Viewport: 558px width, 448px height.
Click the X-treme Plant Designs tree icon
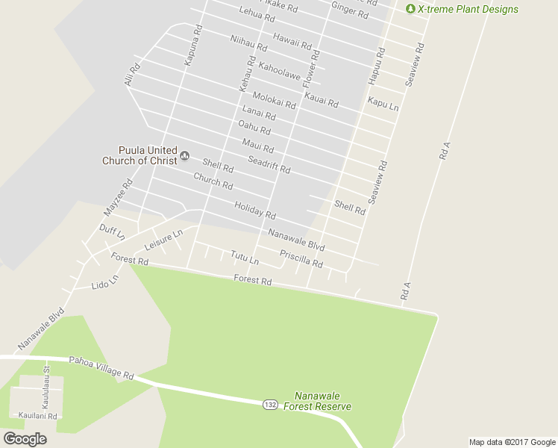410,9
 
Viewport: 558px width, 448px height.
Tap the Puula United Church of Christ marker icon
184,156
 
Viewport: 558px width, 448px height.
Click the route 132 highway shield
271,404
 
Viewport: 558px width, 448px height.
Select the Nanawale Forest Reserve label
322,401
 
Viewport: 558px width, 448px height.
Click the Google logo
25,439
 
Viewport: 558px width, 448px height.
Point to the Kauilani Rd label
38,416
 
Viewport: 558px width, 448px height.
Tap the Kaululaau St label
46,385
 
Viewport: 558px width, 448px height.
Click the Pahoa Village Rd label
101,368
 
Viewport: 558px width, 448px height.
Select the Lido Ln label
104,283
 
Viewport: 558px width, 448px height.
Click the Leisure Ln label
163,240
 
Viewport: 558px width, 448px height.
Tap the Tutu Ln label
245,258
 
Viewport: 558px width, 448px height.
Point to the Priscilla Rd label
301,259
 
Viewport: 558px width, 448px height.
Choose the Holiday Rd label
254,211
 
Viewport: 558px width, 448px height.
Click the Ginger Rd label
349,10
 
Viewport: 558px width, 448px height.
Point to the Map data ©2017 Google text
512,442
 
